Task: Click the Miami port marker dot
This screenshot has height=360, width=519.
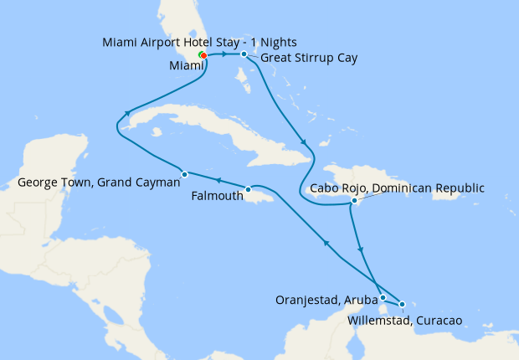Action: coord(203,56)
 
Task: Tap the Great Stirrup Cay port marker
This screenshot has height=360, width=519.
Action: coord(244,54)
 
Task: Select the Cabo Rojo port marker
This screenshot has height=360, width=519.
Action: coord(355,201)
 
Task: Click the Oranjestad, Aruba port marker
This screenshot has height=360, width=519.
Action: coord(383,297)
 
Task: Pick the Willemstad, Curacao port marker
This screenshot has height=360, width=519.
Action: coord(403,304)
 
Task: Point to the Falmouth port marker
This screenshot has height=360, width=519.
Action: coord(249,189)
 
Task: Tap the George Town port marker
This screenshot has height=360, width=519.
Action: coord(184,174)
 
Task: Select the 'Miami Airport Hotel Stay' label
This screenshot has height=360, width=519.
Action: coord(199,42)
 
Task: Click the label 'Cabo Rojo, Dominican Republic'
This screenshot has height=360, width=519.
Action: coord(397,188)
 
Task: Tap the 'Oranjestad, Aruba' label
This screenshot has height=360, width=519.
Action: coord(326,299)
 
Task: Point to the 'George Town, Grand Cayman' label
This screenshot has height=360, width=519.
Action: coord(99,181)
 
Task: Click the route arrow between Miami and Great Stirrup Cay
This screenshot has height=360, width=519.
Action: coord(224,54)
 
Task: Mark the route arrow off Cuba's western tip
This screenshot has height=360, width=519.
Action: coord(128,114)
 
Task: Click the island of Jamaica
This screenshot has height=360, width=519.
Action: coord(268,198)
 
